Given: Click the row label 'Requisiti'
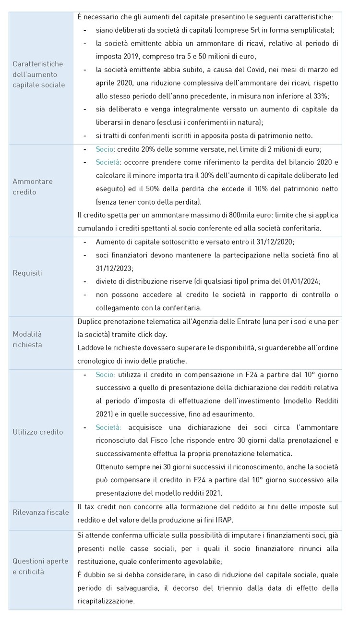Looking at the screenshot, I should tap(27, 273).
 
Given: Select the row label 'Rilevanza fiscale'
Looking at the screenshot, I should tap(41, 512).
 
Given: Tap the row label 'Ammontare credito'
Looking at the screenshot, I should tap(33, 186).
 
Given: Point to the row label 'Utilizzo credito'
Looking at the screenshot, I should tap(38, 432).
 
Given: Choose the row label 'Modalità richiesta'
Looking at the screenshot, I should tap(27, 339).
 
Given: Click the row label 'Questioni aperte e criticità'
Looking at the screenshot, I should tap(40, 566).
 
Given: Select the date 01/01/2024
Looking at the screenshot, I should tap(300, 281).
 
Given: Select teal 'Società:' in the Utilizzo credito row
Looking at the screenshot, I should tap(108, 427).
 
